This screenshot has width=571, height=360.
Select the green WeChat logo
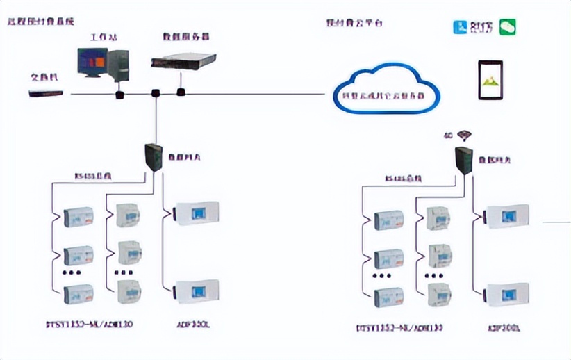(505, 27)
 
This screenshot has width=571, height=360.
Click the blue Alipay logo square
(459, 28)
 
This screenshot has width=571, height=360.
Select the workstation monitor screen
(92, 63)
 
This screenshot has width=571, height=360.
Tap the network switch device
(46, 92)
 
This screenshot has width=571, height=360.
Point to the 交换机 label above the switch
(43, 76)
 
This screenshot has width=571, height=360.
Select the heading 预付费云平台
(354, 22)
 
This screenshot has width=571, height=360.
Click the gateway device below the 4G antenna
(463, 158)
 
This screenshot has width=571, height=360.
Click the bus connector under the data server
(181, 91)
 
